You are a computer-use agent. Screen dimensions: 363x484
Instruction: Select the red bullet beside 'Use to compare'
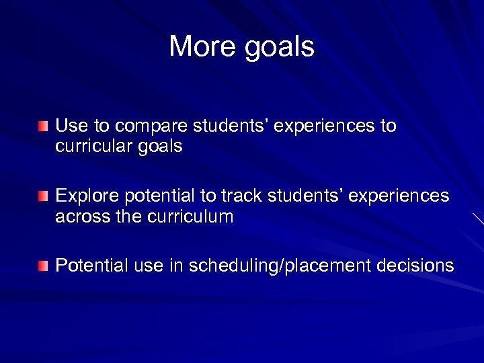[44, 126]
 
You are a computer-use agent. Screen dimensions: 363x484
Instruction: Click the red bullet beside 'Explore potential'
[44, 196]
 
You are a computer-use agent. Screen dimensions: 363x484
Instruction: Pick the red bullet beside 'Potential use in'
[44, 266]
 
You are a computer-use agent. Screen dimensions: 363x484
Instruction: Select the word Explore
[84, 196]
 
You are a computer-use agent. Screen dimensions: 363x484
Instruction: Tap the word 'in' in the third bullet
[175, 266]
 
